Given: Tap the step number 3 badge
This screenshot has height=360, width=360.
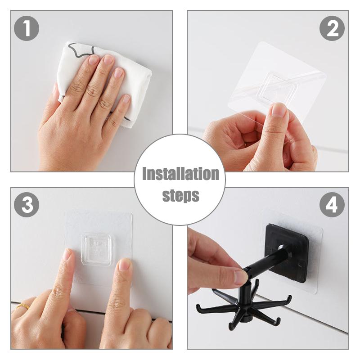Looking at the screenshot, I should click(27, 205).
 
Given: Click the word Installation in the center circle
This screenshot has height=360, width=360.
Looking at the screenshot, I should click(180, 174).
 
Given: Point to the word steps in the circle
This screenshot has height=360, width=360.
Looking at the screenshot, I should click(180, 196).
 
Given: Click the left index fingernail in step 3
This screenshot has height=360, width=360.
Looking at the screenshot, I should click(67, 255).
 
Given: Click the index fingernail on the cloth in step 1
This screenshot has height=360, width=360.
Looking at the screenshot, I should click(94, 60).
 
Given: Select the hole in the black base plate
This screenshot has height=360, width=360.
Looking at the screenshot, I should click(281, 247).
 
